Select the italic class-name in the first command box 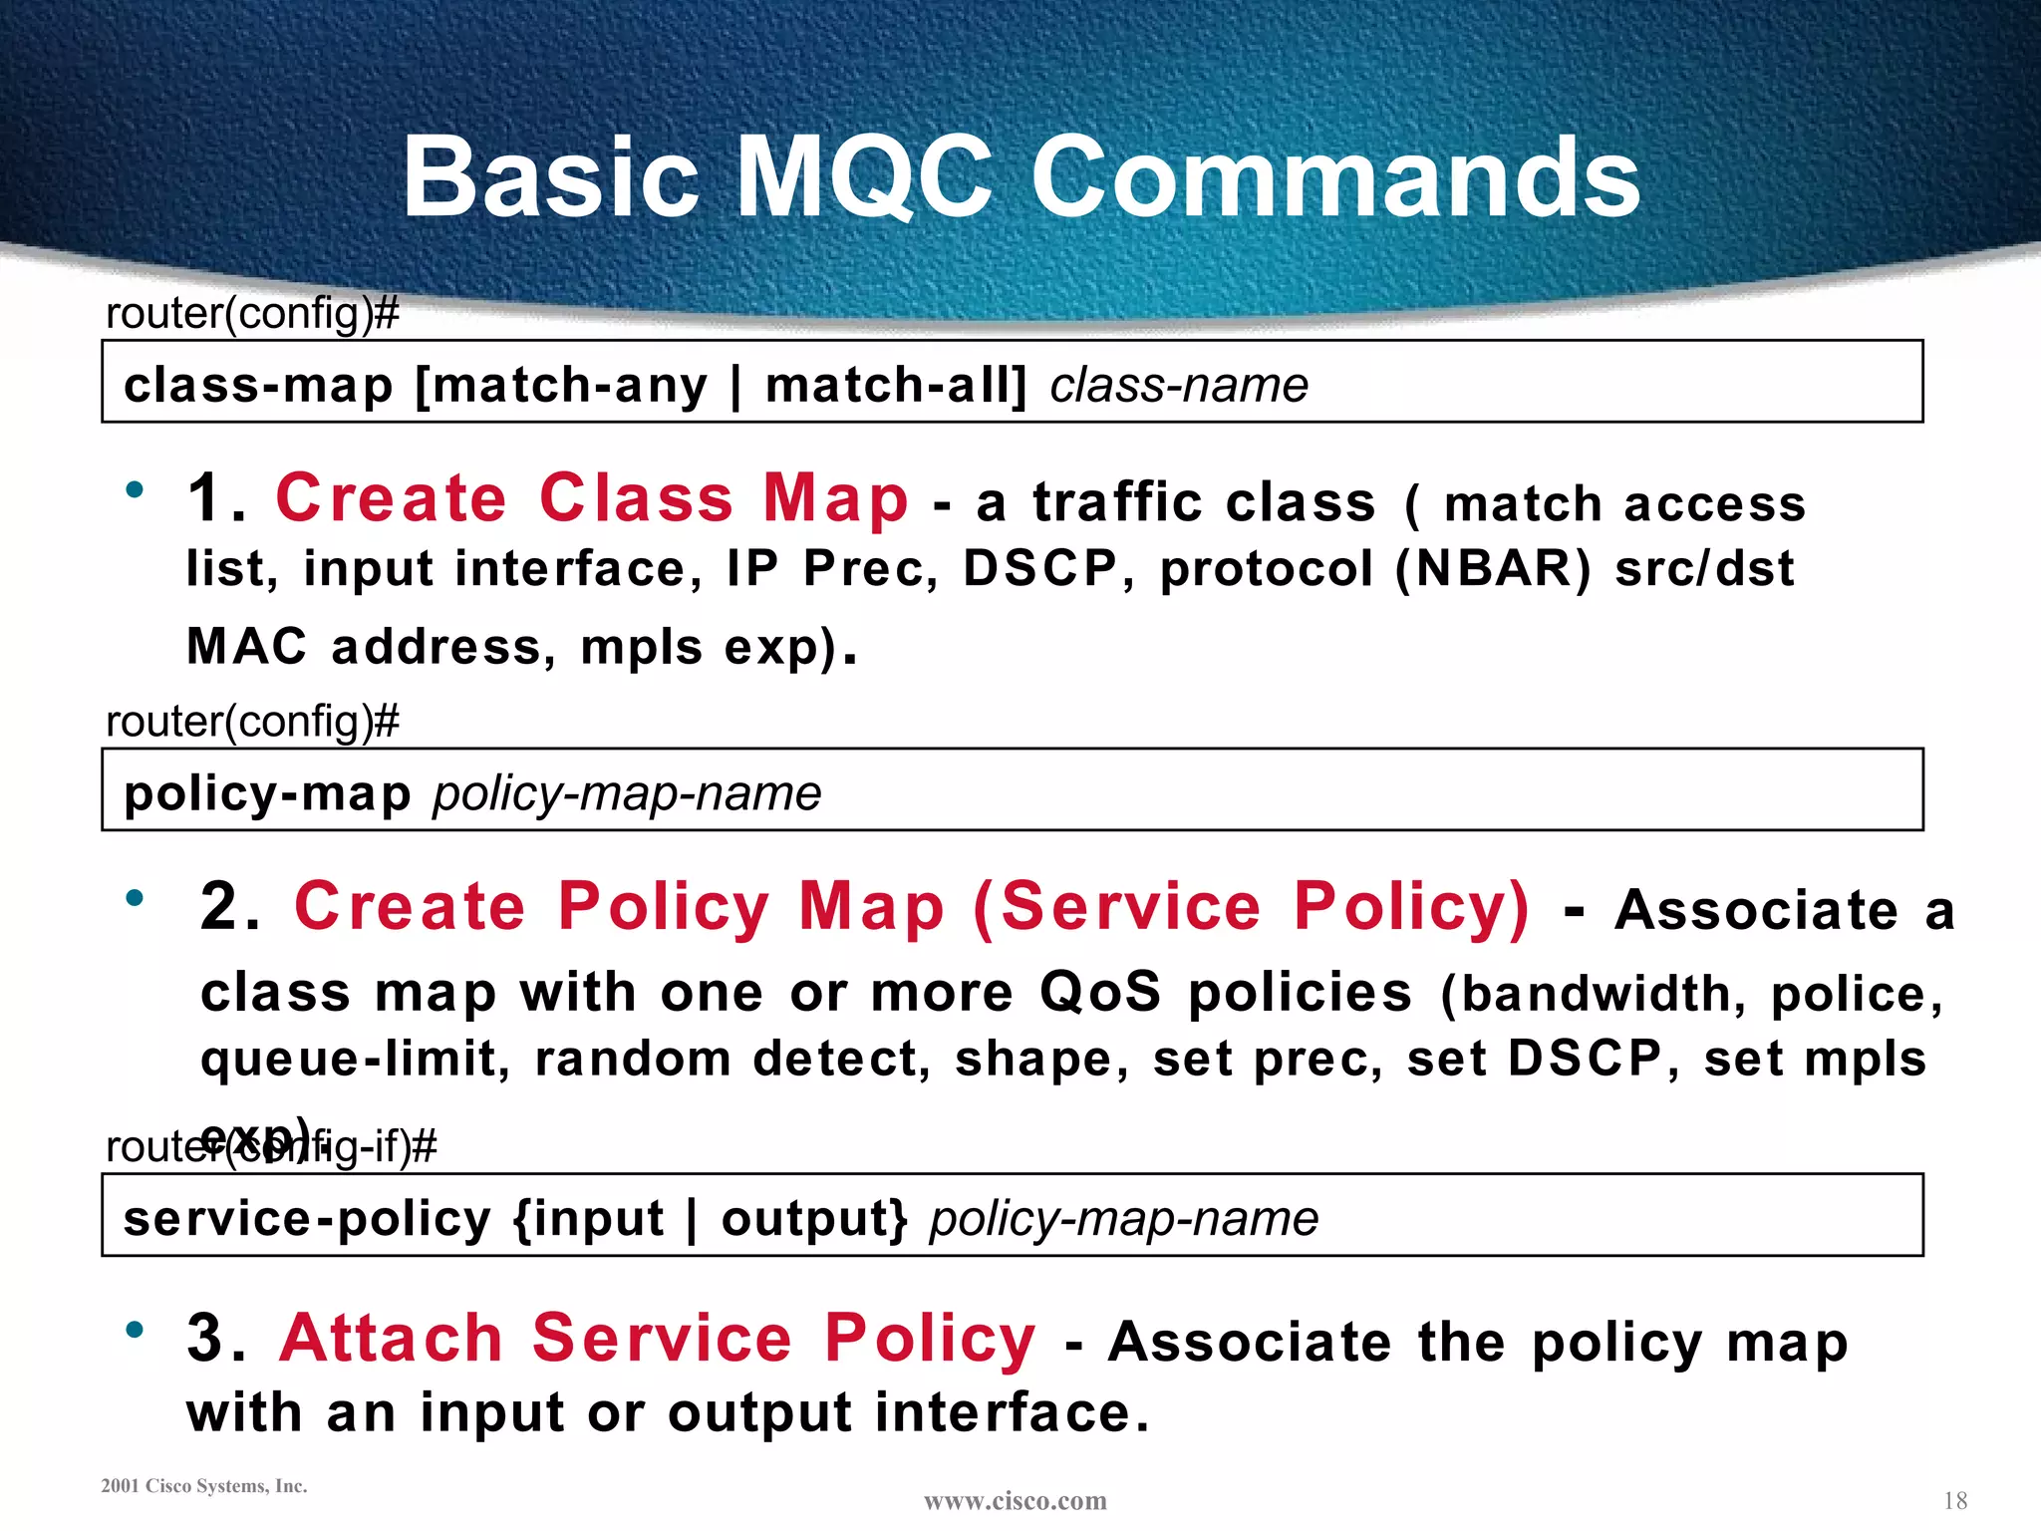[1179, 385]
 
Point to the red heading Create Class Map [592, 497]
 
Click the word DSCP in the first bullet [1039, 569]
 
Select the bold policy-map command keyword [267, 793]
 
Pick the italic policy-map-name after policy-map [627, 793]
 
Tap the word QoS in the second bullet [1100, 992]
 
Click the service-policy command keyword [307, 1218]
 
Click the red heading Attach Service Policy [658, 1338]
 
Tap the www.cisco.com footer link [1015, 1500]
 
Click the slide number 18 [1954, 1500]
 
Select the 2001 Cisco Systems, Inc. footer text [204, 1486]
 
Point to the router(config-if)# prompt [271, 1147]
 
